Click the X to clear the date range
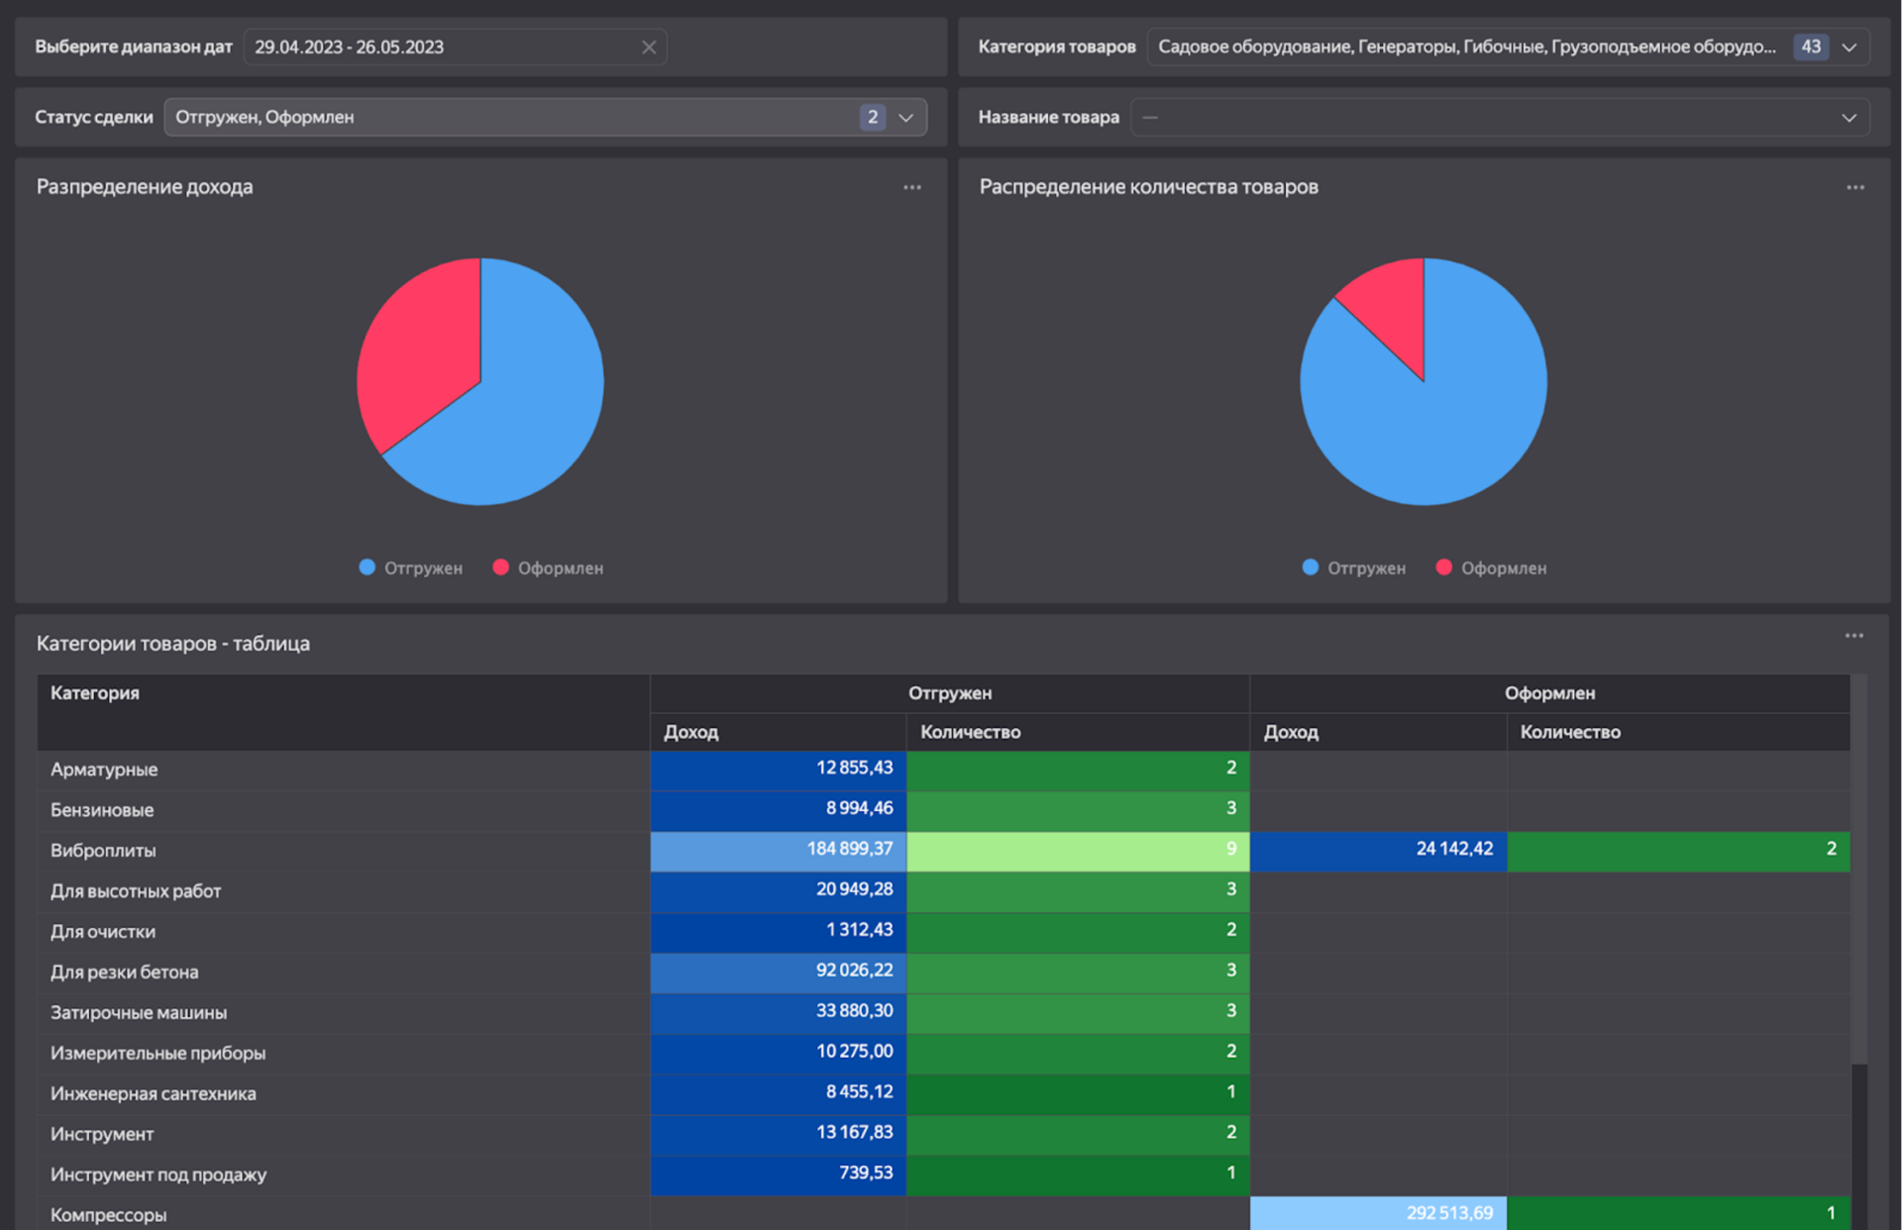coord(649,48)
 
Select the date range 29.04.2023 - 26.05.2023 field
coord(455,48)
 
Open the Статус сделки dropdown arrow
coord(906,118)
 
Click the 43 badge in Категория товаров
coord(1811,48)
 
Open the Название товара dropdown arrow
coord(1849,118)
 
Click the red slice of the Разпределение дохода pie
coord(416,347)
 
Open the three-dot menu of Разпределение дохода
coord(912,187)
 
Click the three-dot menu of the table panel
coord(1854,636)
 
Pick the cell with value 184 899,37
coord(779,850)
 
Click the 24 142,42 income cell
coord(1379,850)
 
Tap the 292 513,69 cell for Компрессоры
coord(1379,1213)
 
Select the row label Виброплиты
coord(103,851)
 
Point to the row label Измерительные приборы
coord(158,1053)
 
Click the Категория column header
coord(95,693)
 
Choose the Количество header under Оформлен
coord(1570,732)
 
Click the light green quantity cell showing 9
coord(1078,850)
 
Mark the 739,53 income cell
coord(779,1174)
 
